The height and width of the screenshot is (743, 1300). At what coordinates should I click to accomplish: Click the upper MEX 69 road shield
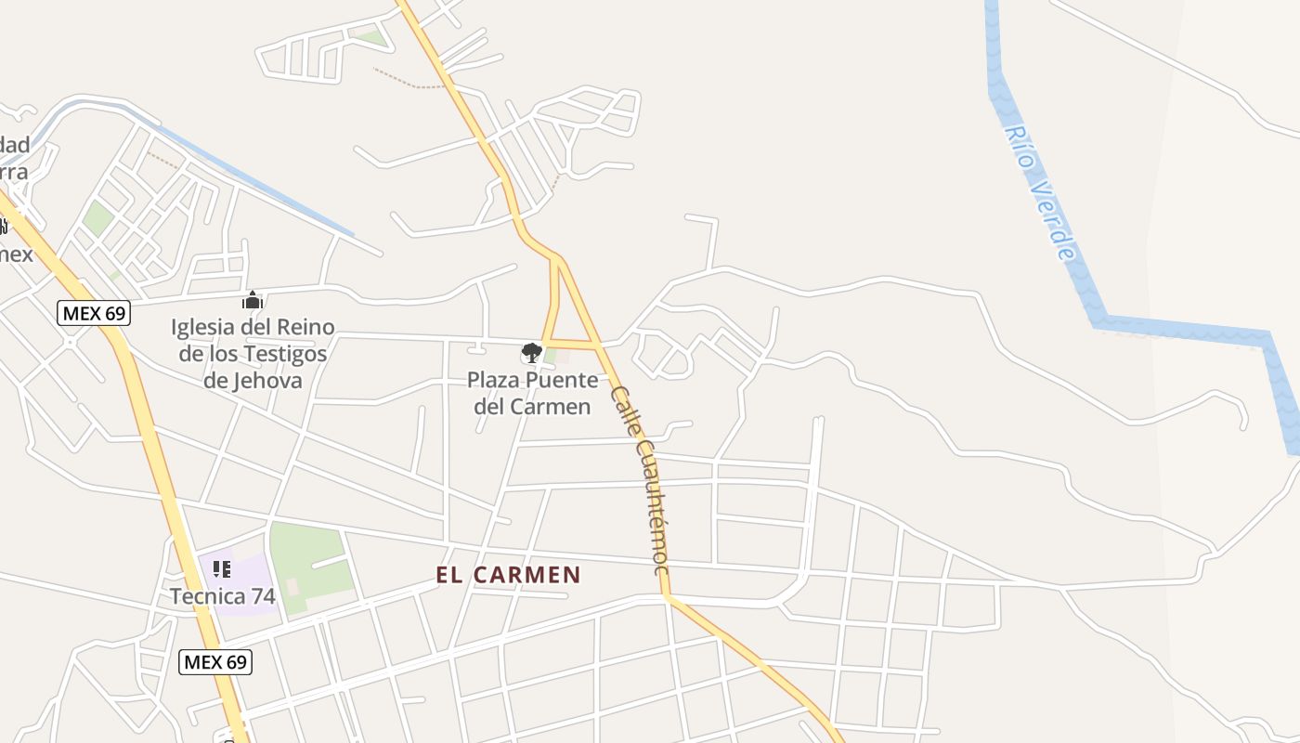[94, 313]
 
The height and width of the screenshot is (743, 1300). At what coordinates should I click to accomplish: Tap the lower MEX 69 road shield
[215, 661]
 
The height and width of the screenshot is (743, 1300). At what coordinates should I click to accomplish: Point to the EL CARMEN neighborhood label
[508, 575]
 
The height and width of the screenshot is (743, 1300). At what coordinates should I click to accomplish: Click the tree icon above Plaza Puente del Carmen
[531, 352]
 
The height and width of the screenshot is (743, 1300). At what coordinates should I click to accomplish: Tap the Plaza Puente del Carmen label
[532, 393]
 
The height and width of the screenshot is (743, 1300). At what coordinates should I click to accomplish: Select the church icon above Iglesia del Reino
[253, 300]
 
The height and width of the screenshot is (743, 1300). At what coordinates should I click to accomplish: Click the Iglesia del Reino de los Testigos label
[253, 353]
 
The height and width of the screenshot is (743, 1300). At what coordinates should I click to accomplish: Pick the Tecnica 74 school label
[223, 596]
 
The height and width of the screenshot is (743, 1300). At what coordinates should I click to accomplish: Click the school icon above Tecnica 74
[221, 568]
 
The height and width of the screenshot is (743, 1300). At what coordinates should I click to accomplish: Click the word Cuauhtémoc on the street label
[651, 507]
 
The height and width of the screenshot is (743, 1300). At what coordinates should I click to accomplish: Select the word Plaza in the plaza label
[493, 380]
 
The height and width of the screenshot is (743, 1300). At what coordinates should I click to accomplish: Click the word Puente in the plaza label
[564, 380]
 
